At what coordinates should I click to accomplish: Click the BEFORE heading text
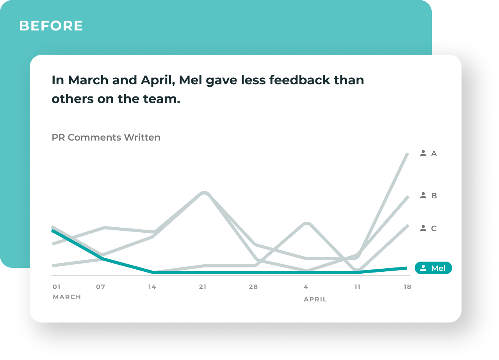[51, 26]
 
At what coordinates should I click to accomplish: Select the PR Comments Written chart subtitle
[106, 137]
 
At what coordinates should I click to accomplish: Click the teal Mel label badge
[433, 268]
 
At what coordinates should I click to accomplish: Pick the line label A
[434, 154]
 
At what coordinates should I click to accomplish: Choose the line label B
[434, 196]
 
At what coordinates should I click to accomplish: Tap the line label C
[434, 228]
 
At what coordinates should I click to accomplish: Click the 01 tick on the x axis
[57, 287]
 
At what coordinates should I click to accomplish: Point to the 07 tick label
[101, 287]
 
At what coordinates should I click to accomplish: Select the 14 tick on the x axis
[152, 287]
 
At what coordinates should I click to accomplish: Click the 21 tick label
[203, 287]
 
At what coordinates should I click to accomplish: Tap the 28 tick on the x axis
[253, 287]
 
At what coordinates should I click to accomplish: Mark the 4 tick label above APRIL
[306, 287]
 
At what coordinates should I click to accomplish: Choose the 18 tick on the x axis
[407, 287]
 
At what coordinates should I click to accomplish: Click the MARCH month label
[67, 297]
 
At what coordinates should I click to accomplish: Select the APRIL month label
[315, 299]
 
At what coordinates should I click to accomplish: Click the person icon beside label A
[423, 153]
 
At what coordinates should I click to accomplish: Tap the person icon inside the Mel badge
[423, 268]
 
